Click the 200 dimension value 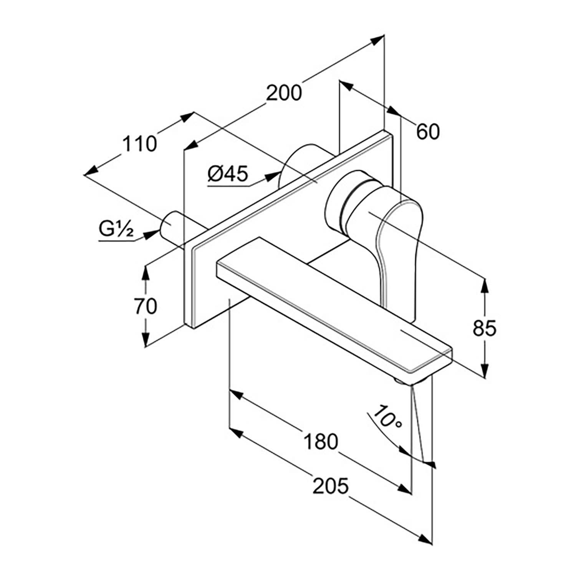pos(284,93)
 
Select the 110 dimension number pos(140,144)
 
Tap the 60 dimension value pos(427,132)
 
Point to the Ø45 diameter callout pos(228,174)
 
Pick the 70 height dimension pos(146,306)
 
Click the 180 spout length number pos(321,441)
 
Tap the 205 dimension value pos(331,486)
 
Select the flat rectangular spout pos(334,303)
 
